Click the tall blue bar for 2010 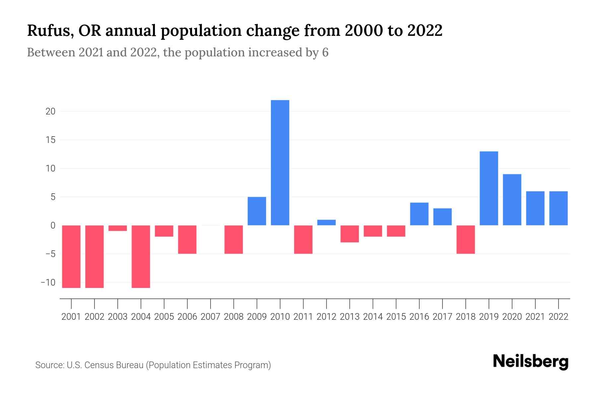pos(280,163)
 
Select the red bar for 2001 pos(71,256)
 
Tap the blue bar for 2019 pos(489,188)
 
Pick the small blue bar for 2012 pos(326,223)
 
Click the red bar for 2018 pos(466,239)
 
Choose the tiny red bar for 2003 pos(118,228)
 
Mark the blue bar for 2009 pos(257,211)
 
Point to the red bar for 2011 pos(303,239)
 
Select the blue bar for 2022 pos(559,208)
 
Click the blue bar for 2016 pos(419,214)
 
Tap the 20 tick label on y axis pos(50,111)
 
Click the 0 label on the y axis pos(53,226)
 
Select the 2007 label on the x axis pos(211,317)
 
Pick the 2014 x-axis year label pos(373,317)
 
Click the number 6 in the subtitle pos(325,53)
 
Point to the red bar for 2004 pos(141,256)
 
